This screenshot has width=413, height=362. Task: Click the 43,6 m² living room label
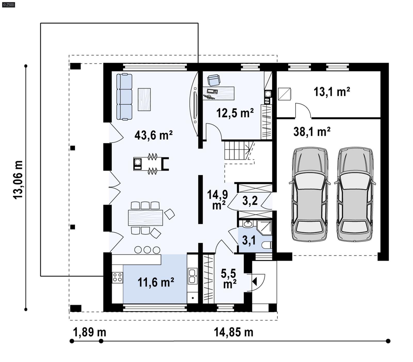(153, 135)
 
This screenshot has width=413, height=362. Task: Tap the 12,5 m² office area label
(235, 113)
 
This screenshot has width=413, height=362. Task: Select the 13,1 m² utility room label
(332, 92)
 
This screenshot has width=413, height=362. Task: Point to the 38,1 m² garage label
(312, 132)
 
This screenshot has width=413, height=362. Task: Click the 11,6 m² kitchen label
(156, 282)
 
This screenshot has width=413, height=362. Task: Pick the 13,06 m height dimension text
(18, 180)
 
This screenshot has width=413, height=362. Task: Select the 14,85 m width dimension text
(233, 332)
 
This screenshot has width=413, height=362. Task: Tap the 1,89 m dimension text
(90, 332)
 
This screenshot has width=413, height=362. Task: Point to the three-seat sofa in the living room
(124, 97)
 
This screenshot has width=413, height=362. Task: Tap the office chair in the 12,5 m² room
(214, 80)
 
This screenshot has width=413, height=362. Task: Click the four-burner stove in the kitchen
(117, 277)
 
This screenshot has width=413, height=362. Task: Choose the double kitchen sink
(192, 276)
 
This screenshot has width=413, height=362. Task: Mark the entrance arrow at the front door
(255, 282)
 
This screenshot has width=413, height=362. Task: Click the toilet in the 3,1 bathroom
(267, 245)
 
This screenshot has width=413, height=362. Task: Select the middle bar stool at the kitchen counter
(147, 250)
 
